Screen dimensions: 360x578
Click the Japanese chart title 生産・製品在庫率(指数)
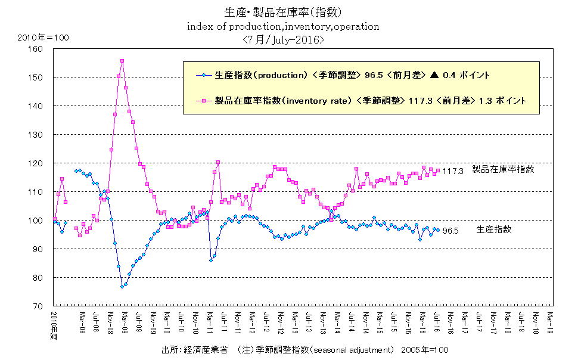pyautogui.click(x=284, y=13)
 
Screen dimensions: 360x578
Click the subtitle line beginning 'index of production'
pyautogui.click(x=283, y=26)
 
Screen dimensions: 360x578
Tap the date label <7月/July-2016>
pyautogui.click(x=284, y=40)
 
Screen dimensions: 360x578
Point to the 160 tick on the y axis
pyautogui.click(x=44, y=49)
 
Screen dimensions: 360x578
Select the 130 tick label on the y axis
pyautogui.click(x=44, y=135)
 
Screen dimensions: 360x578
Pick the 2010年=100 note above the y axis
pyautogui.click(x=43, y=38)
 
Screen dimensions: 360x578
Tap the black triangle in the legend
pyautogui.click(x=434, y=75)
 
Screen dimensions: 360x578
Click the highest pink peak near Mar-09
pyautogui.click(x=122, y=61)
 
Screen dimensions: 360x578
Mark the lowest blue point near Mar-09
pyautogui.click(x=122, y=287)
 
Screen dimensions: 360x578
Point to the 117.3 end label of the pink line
pyautogui.click(x=453, y=171)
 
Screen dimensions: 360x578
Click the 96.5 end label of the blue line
pyautogui.click(x=449, y=231)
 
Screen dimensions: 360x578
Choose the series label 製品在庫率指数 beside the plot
pyautogui.click(x=503, y=169)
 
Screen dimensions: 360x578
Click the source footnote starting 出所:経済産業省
pyautogui.click(x=304, y=350)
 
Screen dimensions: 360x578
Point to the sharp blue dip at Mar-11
pyautogui.click(x=211, y=260)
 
